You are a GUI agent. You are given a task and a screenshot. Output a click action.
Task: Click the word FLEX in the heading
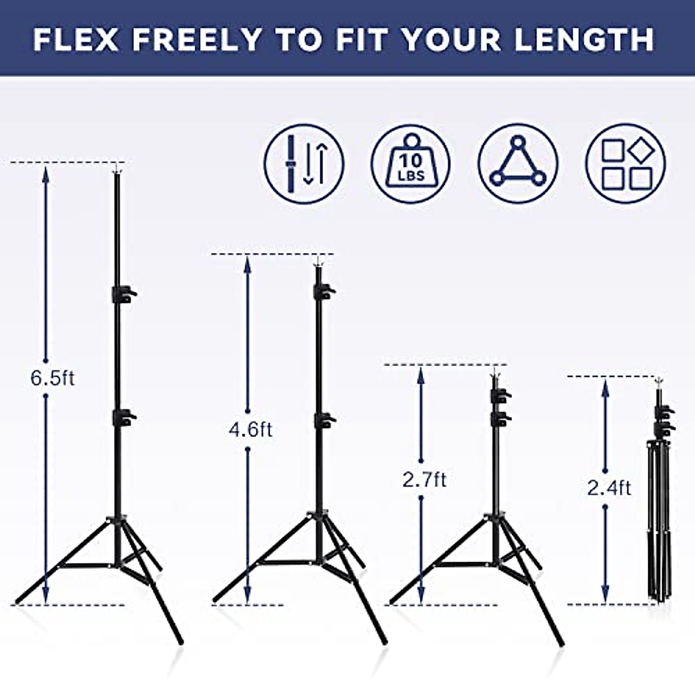[x=76, y=39]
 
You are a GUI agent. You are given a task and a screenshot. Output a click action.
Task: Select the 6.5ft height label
[x=52, y=378]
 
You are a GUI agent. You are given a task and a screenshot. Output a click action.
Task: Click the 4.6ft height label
[x=250, y=430]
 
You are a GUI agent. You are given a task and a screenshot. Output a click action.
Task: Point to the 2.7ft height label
[x=425, y=480]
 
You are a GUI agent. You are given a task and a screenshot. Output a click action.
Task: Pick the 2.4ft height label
[x=609, y=488]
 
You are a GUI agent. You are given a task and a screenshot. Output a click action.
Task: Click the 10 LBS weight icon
[x=411, y=164]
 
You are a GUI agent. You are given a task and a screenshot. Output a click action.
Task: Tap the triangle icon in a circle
[x=518, y=164]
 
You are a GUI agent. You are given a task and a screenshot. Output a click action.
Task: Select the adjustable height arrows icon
[x=304, y=164]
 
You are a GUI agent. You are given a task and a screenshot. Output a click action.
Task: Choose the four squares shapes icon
[x=625, y=164]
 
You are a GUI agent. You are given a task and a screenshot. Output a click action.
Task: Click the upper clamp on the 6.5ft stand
[x=123, y=294]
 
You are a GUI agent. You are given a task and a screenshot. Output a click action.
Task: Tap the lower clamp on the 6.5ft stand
[x=123, y=417]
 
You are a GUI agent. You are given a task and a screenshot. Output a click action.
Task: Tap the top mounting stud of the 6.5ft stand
[x=118, y=169]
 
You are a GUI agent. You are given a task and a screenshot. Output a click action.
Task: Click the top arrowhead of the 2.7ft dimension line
[x=421, y=374]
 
